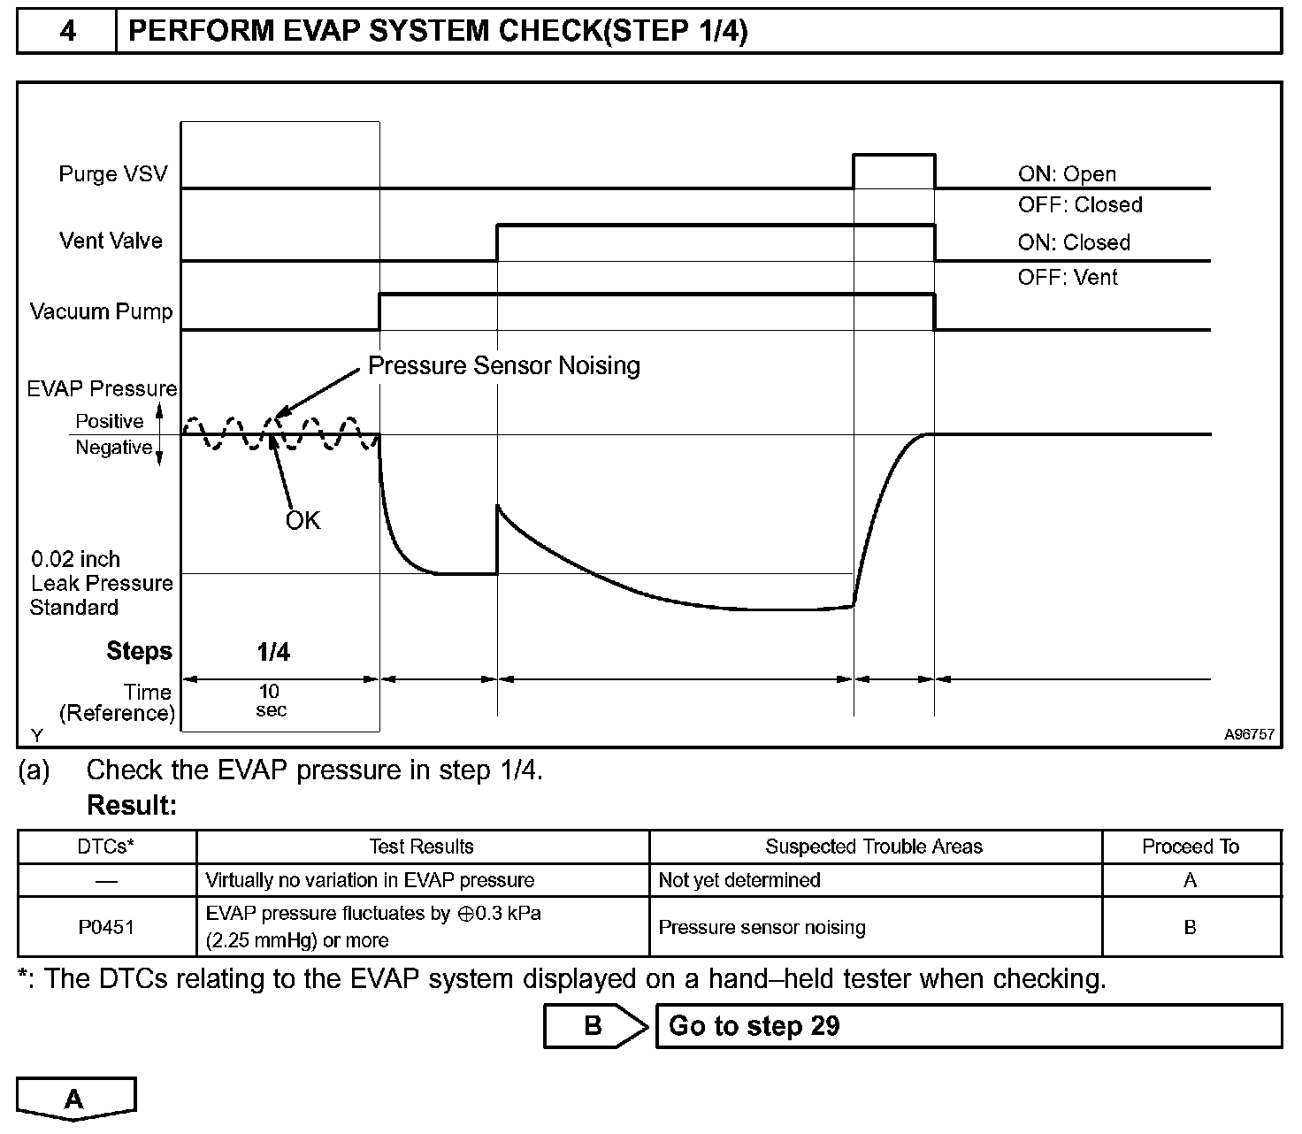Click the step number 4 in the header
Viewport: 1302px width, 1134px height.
[67, 32]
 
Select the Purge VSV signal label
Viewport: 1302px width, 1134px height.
[112, 173]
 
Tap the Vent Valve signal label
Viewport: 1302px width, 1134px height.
[111, 241]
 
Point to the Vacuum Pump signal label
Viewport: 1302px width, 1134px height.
[101, 311]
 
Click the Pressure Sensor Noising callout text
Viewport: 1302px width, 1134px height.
[503, 365]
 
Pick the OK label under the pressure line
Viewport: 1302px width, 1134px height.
[303, 520]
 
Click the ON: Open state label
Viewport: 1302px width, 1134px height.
[1067, 174]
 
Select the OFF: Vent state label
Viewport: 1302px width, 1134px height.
[1067, 278]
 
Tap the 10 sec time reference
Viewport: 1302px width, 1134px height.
[271, 701]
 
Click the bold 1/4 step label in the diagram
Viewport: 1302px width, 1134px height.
[273, 653]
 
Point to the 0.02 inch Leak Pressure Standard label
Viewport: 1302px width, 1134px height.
[100, 583]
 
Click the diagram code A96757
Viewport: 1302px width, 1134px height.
[1249, 735]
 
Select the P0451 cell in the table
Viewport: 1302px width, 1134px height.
[106, 927]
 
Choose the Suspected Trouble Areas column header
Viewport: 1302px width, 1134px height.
[874, 847]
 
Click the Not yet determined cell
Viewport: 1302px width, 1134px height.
[739, 880]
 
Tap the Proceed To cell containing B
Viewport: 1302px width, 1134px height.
[1191, 927]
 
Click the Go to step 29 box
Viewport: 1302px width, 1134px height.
[968, 1026]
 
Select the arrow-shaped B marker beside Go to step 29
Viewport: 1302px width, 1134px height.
[594, 1026]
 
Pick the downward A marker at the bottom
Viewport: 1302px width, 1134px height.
[75, 1099]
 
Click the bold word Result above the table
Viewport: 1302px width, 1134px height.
[132, 806]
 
